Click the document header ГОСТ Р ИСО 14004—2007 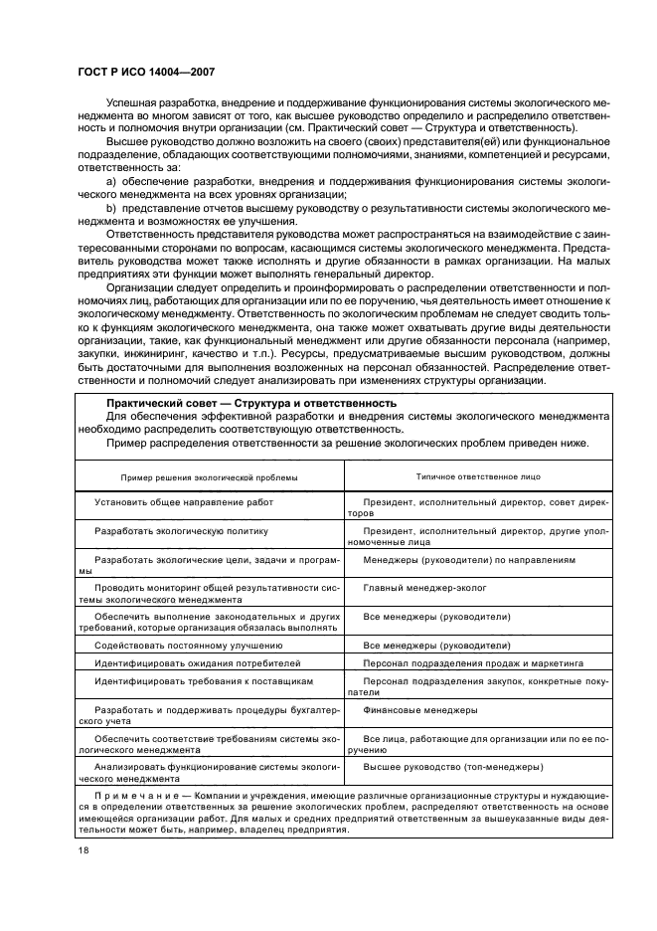click(x=146, y=71)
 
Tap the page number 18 click(x=82, y=851)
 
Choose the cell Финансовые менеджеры click(x=420, y=710)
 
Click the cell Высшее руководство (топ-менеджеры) click(x=452, y=768)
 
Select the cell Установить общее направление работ click(x=184, y=502)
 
